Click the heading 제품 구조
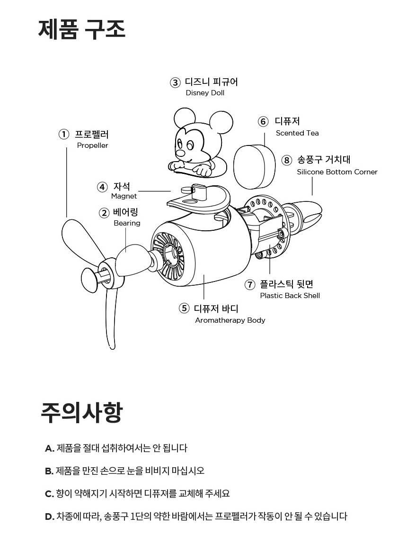81,29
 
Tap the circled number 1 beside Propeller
64,135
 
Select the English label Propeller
92,145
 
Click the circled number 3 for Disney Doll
176,82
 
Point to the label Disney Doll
205,93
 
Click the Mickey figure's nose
180,153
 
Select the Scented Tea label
297,133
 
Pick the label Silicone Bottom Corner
337,172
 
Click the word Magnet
124,196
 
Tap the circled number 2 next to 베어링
104,213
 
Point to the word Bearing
127,223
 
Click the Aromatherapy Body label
230,320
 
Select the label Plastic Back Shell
290,296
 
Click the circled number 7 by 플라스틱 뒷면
250,284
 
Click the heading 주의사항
81,412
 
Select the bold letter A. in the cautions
49,448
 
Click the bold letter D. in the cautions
50,517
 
